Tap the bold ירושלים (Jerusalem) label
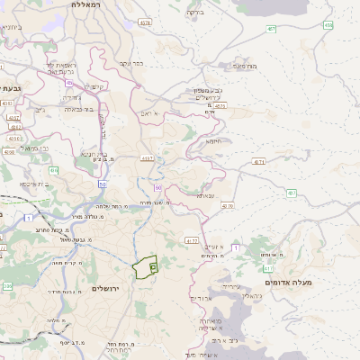click(106, 288)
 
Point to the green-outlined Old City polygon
click(144, 267)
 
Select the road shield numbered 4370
click(227, 206)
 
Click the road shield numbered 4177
click(190, 241)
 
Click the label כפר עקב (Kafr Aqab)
click(131, 64)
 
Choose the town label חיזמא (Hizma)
click(212, 140)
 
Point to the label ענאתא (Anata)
click(205, 194)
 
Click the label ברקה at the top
click(194, 13)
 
